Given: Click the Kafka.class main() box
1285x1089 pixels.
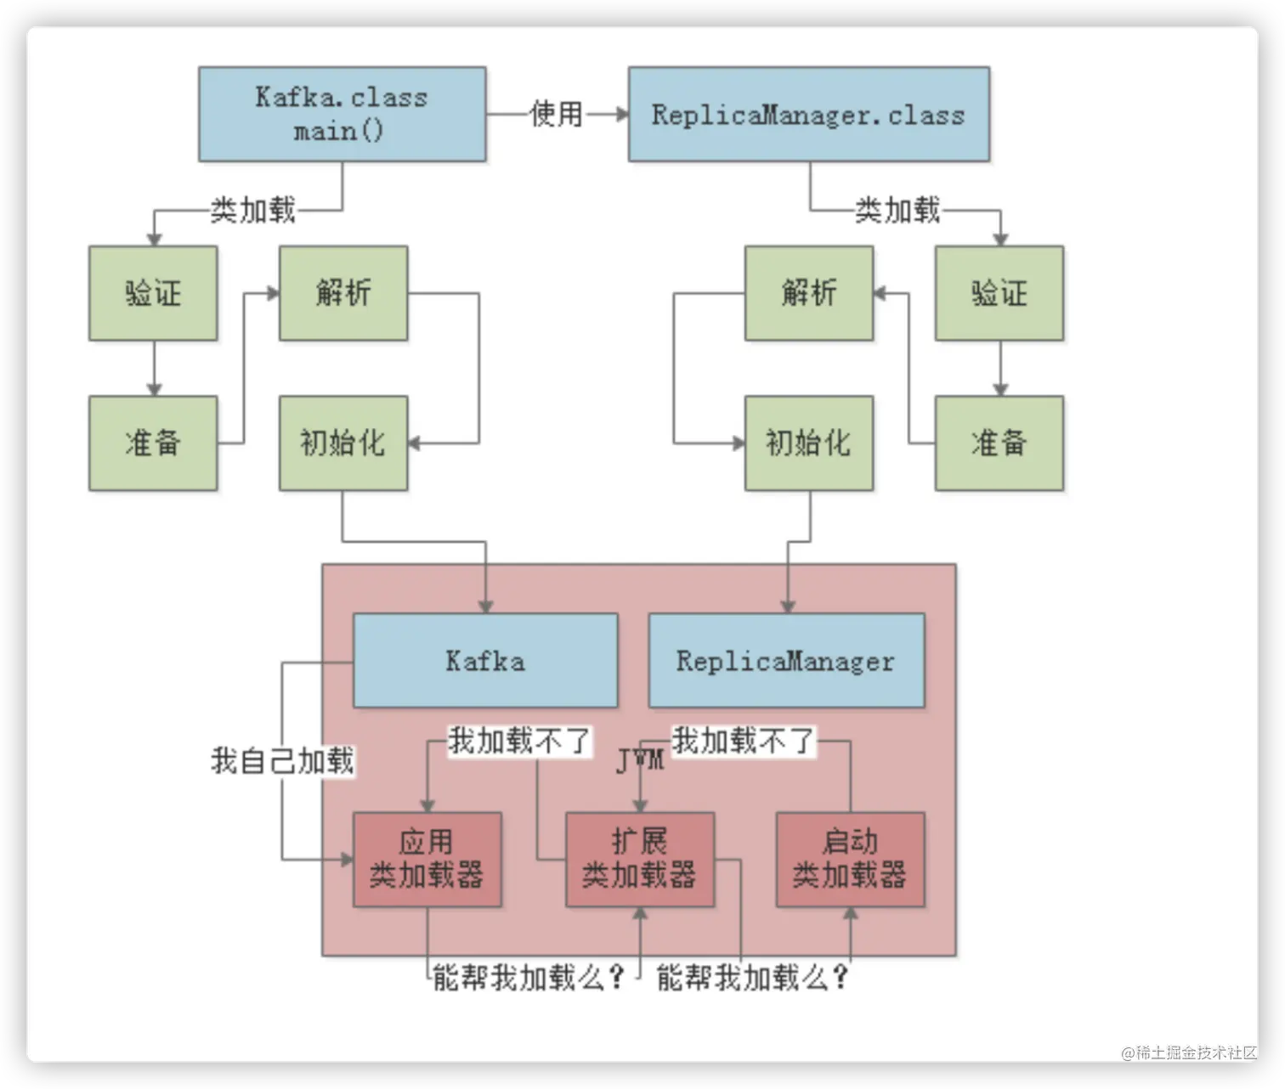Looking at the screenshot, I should point(342,114).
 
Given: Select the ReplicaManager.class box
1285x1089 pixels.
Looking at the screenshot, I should point(808,114).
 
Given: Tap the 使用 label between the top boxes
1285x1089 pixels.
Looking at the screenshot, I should point(557,113).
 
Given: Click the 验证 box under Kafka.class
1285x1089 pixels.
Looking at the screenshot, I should point(153,293).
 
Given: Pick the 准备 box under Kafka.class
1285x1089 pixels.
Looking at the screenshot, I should point(153,443).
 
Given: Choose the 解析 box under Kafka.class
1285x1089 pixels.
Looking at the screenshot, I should point(343,293).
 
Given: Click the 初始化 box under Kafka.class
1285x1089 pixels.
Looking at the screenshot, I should point(343,443).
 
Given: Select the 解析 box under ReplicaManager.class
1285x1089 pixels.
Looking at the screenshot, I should point(809,293).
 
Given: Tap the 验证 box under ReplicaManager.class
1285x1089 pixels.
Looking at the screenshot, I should point(999,293).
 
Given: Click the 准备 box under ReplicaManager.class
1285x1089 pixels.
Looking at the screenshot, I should point(999,443).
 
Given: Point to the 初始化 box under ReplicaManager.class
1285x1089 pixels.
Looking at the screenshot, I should point(809,443).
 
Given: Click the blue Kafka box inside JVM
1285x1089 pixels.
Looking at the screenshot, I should point(485,661).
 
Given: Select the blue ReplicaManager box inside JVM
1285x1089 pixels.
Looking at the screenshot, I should point(786,661).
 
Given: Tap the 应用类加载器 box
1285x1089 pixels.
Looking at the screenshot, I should point(427,859).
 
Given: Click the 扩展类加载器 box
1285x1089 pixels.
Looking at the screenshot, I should point(640,859).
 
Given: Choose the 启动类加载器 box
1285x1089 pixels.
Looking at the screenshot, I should point(850,859).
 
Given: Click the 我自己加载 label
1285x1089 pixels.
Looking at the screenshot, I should point(282,760).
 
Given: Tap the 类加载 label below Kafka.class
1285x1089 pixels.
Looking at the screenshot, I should point(252,209).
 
